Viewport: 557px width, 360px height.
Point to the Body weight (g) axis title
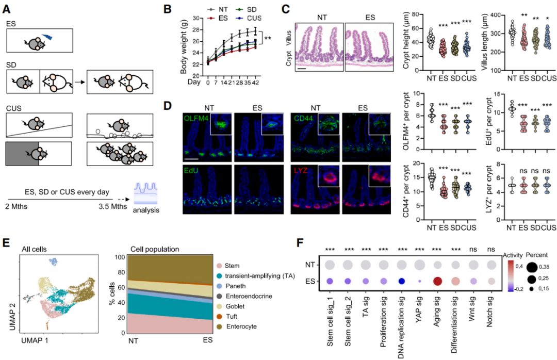tap(183, 47)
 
